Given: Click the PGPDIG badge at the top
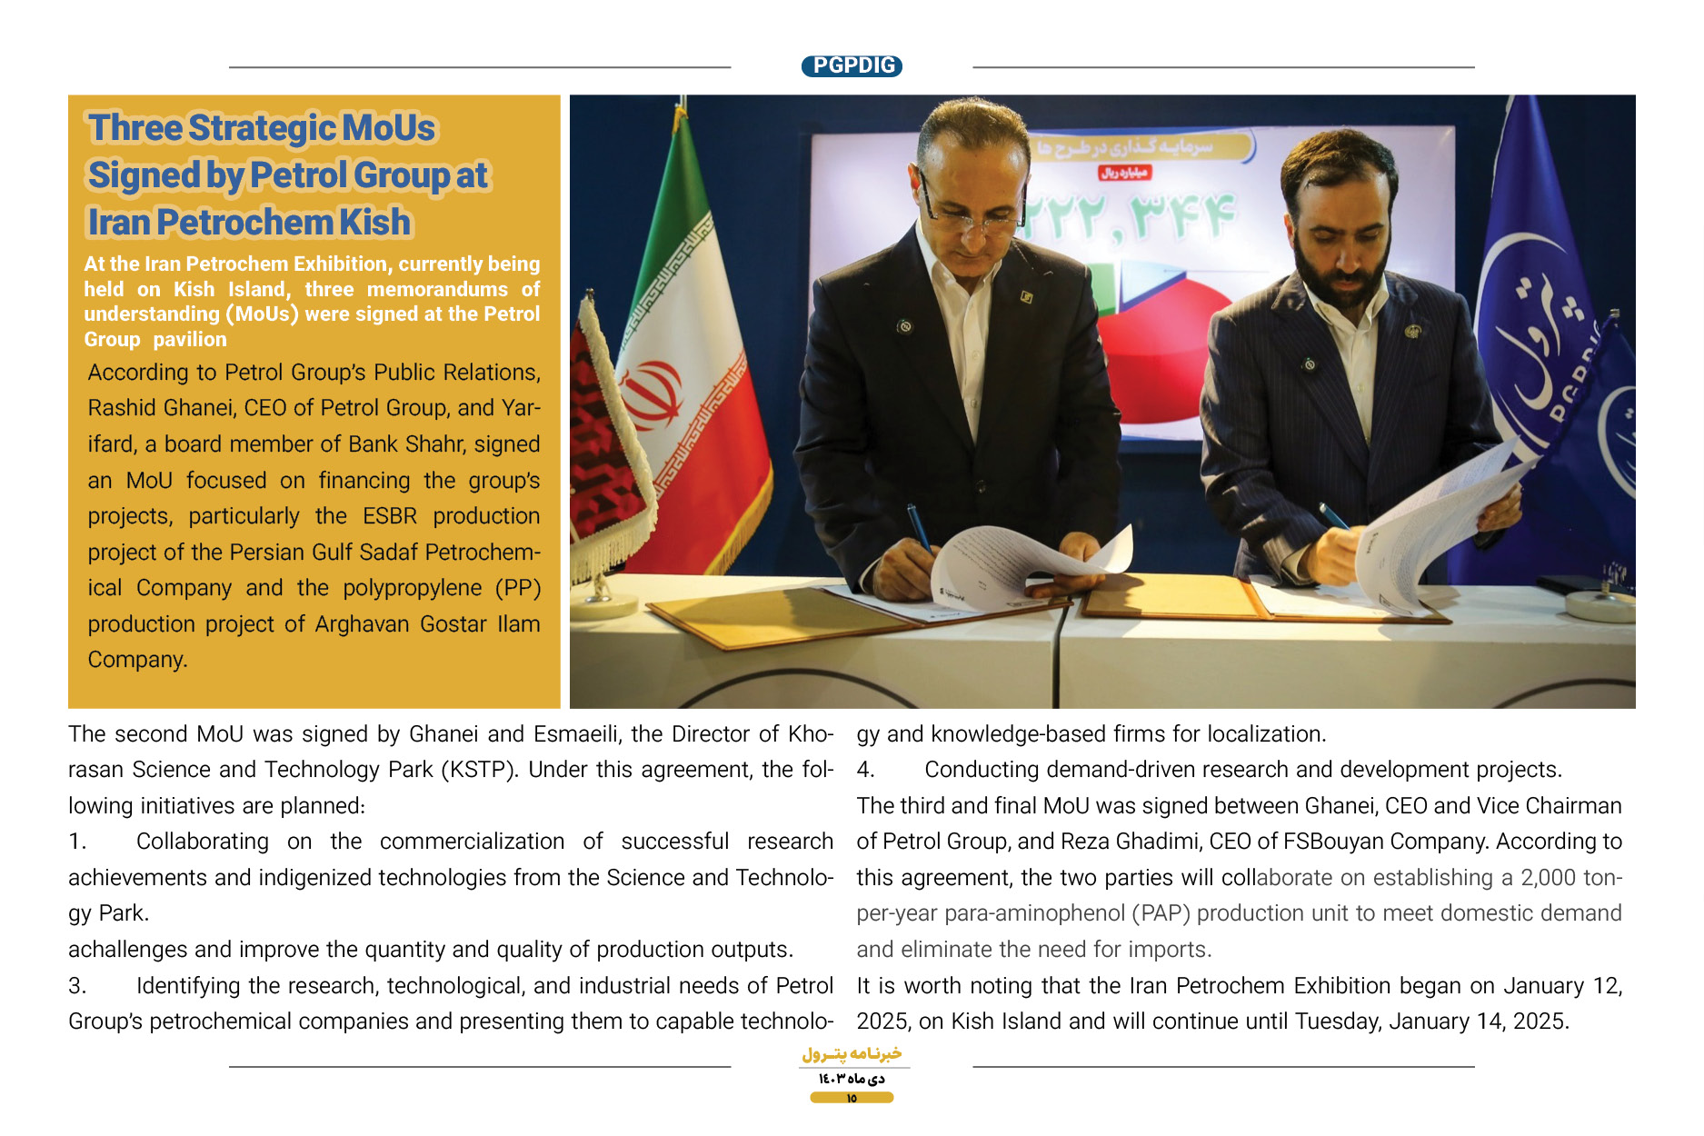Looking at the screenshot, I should pos(852,65).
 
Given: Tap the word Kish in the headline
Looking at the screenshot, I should pos(375,223).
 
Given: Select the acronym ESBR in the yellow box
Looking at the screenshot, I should pos(390,516).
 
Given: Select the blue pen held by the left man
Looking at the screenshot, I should pos(919,528).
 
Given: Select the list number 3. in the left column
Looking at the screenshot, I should pos(77,986).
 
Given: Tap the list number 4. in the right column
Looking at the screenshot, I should pos(865,770).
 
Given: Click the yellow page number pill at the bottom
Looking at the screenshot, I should pos(852,1098).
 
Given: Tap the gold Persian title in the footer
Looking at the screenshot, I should pos(852,1054).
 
